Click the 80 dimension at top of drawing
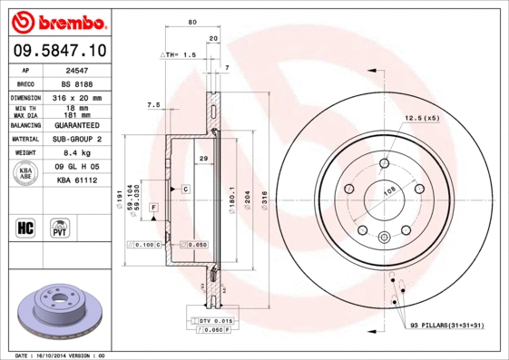pyautogui.click(x=192, y=22)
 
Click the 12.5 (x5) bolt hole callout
pyautogui.click(x=421, y=118)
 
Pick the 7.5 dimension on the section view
pyautogui.click(x=153, y=105)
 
